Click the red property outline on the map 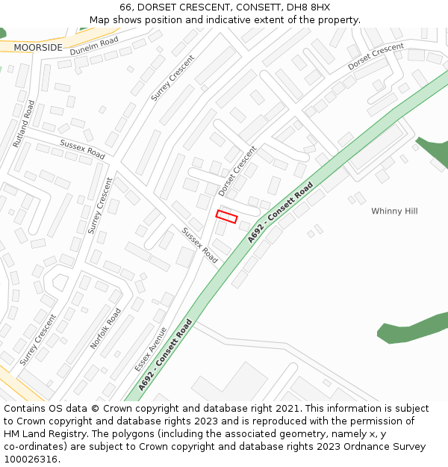point(226,217)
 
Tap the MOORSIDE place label point(37,47)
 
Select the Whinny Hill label point(394,211)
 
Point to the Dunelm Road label point(94,46)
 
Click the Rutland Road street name point(23,123)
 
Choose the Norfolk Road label point(105,329)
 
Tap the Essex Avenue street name point(151,349)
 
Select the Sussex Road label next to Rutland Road point(82,149)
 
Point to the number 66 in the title point(125,7)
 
